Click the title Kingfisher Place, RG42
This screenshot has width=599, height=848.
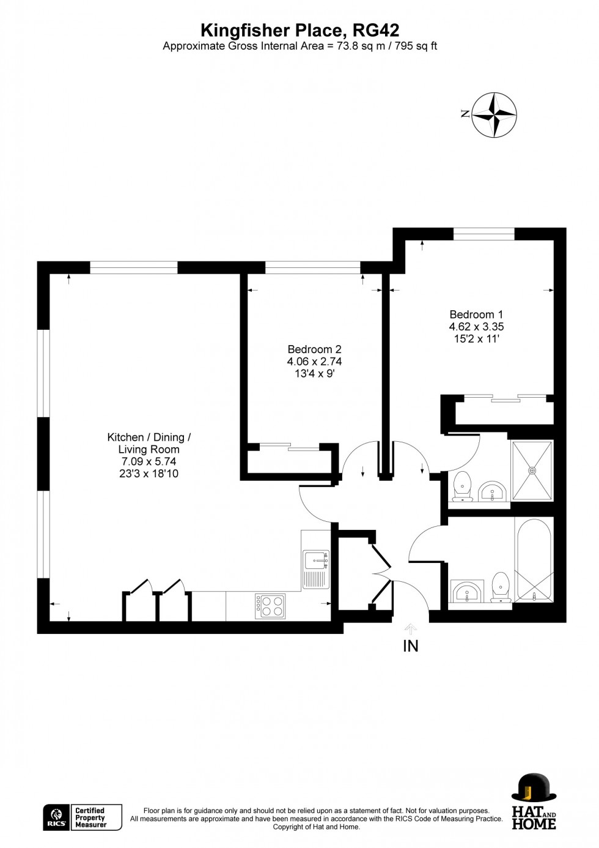pyautogui.click(x=299, y=30)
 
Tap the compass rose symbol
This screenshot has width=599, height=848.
pyautogui.click(x=494, y=114)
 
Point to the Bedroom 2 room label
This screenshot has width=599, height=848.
pyautogui.click(x=314, y=349)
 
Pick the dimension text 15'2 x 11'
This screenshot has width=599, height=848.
pyautogui.click(x=476, y=338)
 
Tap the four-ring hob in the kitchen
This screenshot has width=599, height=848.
pyautogui.click(x=270, y=606)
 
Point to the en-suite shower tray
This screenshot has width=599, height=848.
pyautogui.click(x=532, y=470)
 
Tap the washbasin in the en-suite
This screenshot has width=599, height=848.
pyautogui.click(x=493, y=491)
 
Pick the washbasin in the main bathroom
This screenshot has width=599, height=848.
pyautogui.click(x=468, y=592)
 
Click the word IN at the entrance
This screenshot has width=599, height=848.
pyautogui.click(x=410, y=645)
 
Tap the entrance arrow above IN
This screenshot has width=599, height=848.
pyautogui.click(x=410, y=628)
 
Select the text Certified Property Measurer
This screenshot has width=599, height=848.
pyautogui.click(x=90, y=818)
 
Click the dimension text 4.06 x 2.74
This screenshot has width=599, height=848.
pyautogui.click(x=314, y=362)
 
